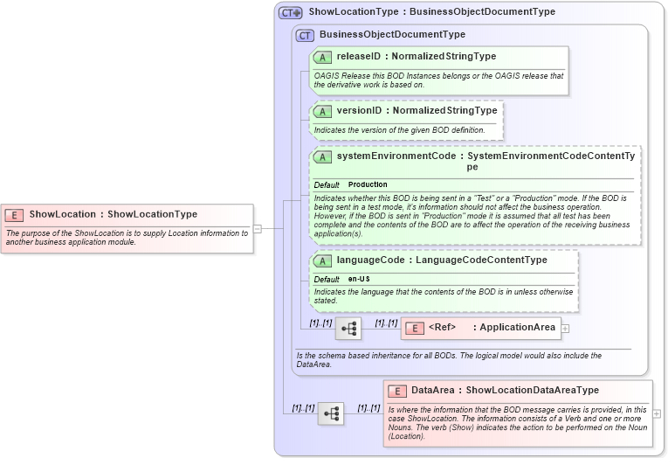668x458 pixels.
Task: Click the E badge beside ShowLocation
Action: point(14,214)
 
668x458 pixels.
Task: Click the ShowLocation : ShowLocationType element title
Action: point(113,214)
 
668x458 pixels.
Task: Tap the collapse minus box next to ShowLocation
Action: point(257,229)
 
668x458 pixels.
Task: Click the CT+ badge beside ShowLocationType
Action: point(291,13)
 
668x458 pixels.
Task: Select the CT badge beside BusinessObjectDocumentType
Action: point(305,35)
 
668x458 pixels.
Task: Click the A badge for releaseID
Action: point(322,57)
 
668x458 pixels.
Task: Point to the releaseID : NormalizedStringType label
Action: point(416,57)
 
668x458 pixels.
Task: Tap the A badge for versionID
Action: point(322,111)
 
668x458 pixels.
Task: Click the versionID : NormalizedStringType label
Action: point(417,111)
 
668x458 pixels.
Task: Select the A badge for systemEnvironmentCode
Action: point(322,157)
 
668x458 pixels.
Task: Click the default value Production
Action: point(368,185)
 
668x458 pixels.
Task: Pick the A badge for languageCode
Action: point(322,260)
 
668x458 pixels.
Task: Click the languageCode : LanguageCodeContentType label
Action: point(442,260)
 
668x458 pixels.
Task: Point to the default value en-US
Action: point(359,279)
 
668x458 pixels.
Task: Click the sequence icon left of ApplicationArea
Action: point(348,329)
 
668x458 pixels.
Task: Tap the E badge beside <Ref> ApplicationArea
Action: point(416,328)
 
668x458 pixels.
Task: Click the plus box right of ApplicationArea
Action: point(565,329)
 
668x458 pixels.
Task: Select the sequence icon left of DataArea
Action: point(331,413)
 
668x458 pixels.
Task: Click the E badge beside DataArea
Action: point(397,391)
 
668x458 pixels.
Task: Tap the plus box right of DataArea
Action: point(657,413)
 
